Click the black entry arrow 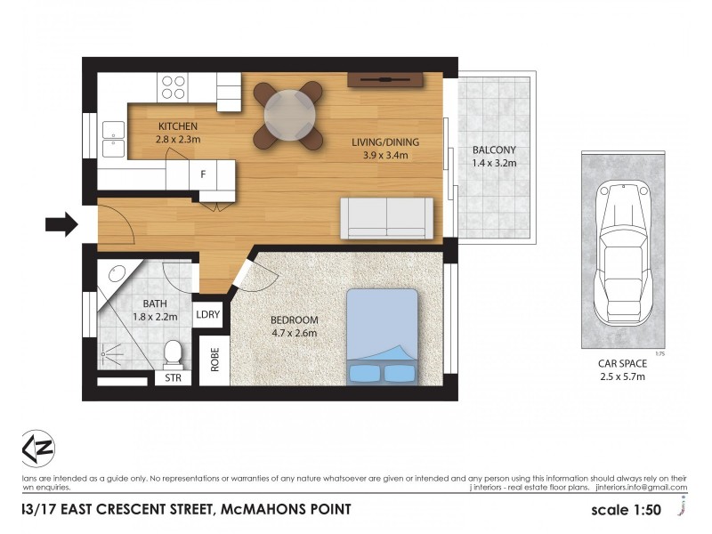click(61, 224)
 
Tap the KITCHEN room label click(178, 126)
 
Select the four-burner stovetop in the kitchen click(174, 85)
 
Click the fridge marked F click(203, 174)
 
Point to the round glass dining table click(287, 114)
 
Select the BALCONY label click(493, 150)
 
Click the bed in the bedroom click(383, 336)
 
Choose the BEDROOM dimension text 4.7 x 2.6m click(293, 334)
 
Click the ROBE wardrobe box click(214, 359)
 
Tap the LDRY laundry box click(207, 314)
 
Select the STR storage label click(173, 378)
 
